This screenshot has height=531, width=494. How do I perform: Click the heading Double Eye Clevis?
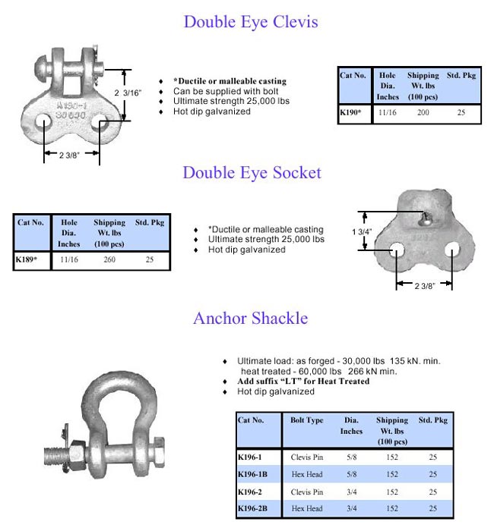coord(250,21)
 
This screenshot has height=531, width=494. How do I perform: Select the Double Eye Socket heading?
coord(252,173)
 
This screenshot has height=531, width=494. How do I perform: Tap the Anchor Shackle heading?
coord(250,318)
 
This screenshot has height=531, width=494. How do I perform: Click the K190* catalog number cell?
coord(351,113)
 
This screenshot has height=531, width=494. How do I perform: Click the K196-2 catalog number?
coord(251,491)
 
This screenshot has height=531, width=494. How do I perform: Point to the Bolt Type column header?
coord(306,420)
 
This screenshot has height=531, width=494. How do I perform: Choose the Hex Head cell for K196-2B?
coord(306,507)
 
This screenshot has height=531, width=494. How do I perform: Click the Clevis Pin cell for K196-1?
coord(306,457)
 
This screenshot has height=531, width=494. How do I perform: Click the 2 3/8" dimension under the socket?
coord(423,286)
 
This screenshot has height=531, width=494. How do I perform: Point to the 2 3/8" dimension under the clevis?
coord(72,154)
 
